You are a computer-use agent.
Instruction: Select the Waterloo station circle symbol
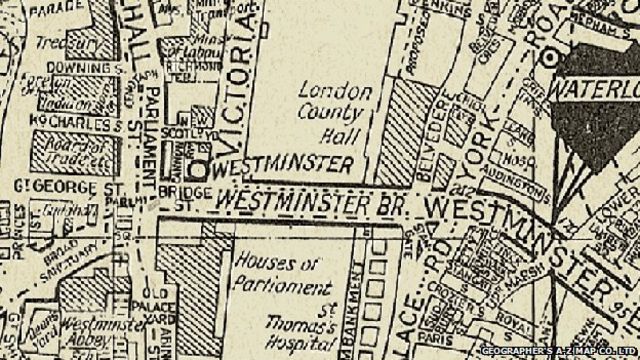[549, 59]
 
